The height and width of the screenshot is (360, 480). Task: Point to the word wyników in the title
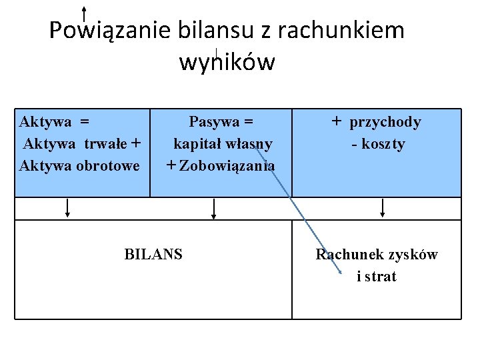pos(227,62)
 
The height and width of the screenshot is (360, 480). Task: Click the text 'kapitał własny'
pos(223,143)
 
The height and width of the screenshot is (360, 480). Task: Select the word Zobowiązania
pos(227,165)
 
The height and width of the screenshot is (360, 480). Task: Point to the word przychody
pos(385,122)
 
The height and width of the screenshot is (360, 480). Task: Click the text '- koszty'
pos(378,144)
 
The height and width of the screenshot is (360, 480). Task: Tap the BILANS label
pos(153,254)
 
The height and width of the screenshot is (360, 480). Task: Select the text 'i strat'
pos(377,276)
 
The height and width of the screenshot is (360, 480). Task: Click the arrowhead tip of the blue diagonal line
pos(340,273)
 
